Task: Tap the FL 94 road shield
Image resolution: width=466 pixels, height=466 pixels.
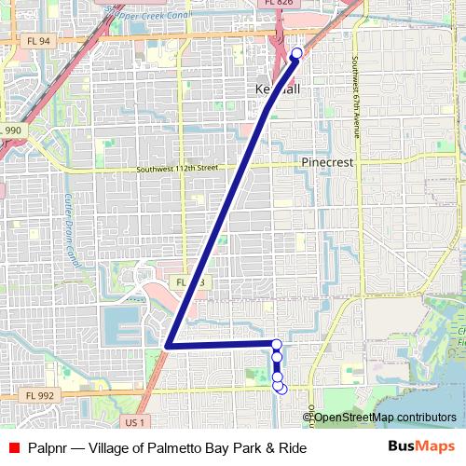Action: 38,41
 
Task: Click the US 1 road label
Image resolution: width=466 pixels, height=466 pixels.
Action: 134,422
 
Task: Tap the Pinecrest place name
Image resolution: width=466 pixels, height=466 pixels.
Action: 327,161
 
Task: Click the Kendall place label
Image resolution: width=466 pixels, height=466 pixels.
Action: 278,89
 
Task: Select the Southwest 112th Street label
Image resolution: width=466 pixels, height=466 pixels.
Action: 176,169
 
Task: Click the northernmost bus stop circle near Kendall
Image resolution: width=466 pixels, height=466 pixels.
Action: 297,53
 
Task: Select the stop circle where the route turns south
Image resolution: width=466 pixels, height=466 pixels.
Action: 276,345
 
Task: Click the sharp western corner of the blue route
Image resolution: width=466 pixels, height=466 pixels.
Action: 167,346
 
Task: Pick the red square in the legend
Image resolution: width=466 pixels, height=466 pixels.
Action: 14,448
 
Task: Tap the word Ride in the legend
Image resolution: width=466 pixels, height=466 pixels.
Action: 291,448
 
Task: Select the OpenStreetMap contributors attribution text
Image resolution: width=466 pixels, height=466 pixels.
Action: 385,417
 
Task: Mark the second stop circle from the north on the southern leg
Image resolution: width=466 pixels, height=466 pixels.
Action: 277,357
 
